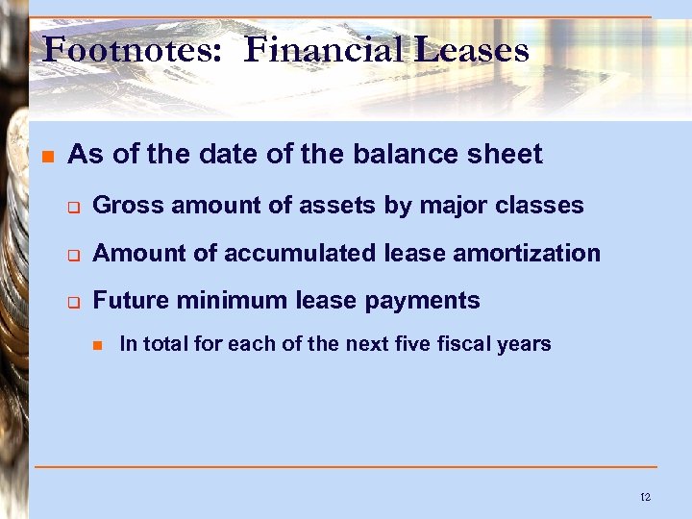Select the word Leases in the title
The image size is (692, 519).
pyautogui.click(x=472, y=49)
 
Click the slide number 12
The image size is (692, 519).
pyautogui.click(x=645, y=497)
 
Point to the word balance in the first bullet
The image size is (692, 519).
pyautogui.click(x=421, y=154)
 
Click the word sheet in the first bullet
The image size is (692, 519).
pyautogui.click(x=507, y=154)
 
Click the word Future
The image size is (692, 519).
pyautogui.click(x=128, y=301)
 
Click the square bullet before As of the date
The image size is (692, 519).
pyautogui.click(x=45, y=155)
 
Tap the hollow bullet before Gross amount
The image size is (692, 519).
pyautogui.click(x=71, y=206)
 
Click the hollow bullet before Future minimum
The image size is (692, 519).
pyautogui.click(x=71, y=302)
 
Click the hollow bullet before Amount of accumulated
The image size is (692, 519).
pyautogui.click(x=71, y=254)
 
